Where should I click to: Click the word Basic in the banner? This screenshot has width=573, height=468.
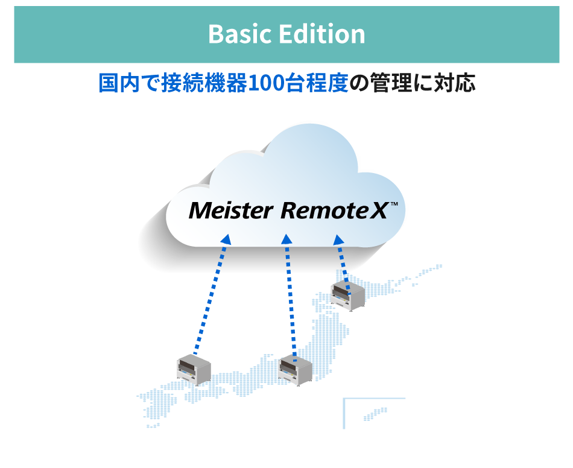[x=239, y=34]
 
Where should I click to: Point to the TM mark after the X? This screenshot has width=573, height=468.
[x=394, y=205]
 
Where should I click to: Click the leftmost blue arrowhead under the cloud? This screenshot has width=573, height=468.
[x=226, y=239]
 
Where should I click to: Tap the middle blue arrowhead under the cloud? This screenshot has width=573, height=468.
[x=287, y=239]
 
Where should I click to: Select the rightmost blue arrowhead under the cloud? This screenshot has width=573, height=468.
[x=338, y=239]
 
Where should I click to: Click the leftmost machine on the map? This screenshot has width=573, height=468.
[x=194, y=370]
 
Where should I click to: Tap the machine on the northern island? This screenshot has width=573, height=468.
[x=348, y=295]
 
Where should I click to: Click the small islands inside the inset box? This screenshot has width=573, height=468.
[x=375, y=413]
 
